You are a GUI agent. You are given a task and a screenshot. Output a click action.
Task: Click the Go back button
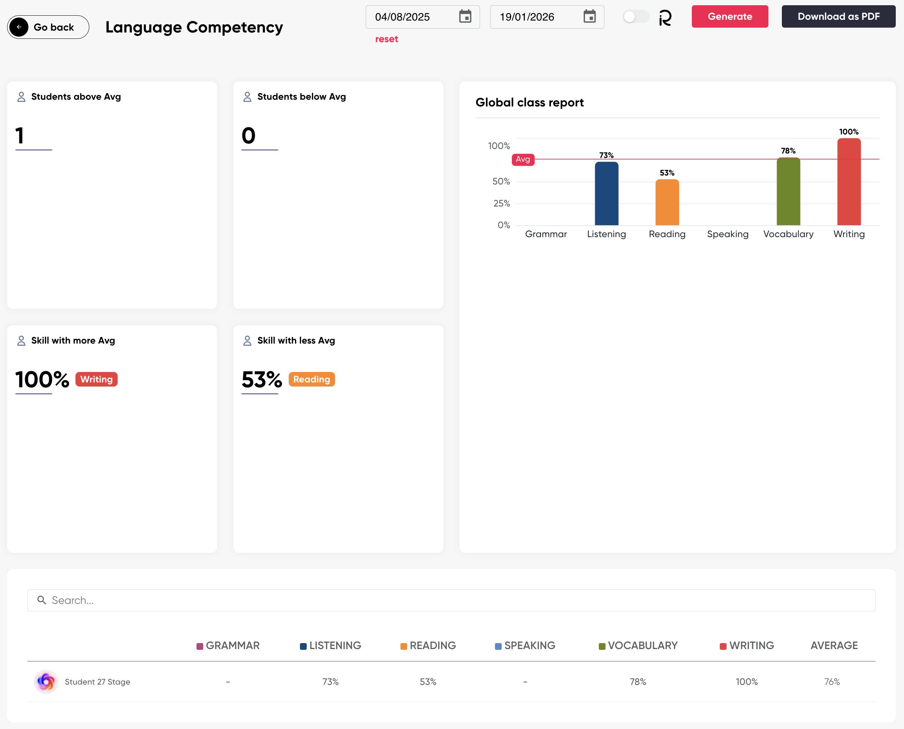point(48,27)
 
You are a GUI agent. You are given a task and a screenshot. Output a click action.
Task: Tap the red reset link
point(386,39)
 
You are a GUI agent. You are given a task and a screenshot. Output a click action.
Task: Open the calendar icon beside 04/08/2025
point(465,17)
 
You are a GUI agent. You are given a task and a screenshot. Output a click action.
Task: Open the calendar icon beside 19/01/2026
point(589,17)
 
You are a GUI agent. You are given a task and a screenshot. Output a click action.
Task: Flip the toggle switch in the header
point(635,17)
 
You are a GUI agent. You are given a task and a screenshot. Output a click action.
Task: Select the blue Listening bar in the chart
point(606,193)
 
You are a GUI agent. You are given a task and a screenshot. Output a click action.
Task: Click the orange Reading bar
point(667,202)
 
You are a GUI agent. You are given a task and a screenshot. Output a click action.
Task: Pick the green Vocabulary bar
point(788,192)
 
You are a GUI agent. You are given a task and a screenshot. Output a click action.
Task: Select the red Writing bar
point(849,182)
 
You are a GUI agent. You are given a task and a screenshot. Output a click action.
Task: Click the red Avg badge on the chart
point(523,159)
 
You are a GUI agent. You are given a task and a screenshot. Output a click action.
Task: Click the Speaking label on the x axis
point(728,234)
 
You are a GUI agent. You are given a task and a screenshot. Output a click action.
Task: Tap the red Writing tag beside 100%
point(97,379)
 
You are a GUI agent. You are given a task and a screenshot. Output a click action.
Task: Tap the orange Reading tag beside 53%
point(311,379)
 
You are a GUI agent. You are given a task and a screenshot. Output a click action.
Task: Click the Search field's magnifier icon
point(41,600)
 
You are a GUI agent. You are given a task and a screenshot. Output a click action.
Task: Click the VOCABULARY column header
point(642,645)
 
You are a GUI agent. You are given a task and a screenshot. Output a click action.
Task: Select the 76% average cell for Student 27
point(831,682)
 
